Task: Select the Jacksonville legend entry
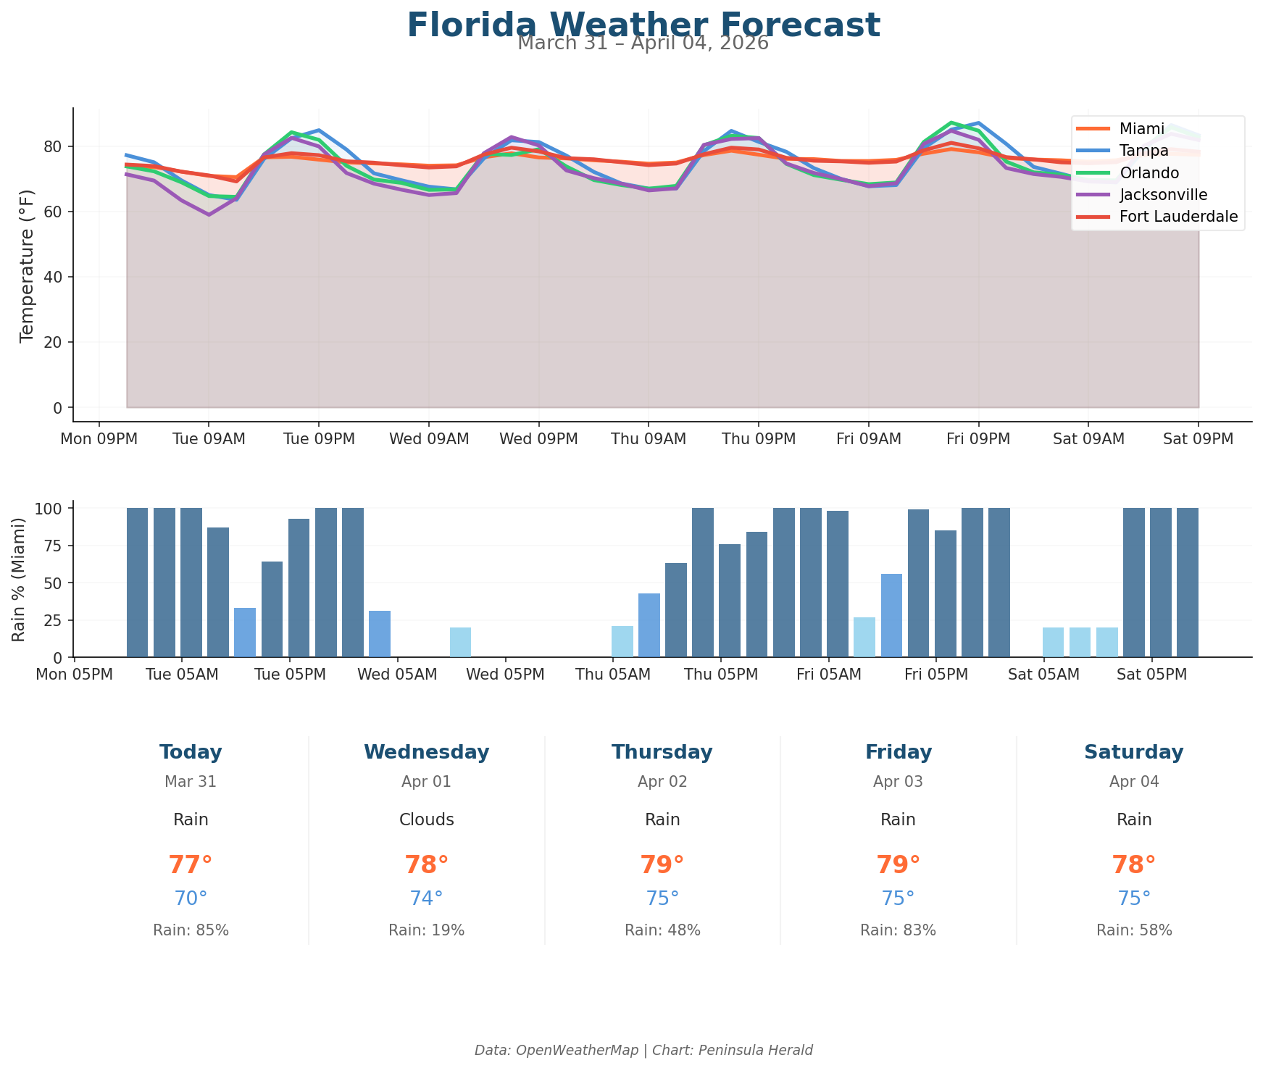tap(1163, 194)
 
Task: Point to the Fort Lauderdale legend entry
tap(1178, 217)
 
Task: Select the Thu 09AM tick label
tap(648, 439)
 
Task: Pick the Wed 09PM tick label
tap(538, 439)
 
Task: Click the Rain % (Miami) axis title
tap(20, 580)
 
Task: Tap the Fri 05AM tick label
tap(828, 675)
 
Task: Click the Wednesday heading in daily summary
tap(426, 752)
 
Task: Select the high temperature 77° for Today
tap(191, 865)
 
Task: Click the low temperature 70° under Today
tap(191, 898)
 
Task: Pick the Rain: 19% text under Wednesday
tap(426, 930)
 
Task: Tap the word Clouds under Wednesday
tap(426, 820)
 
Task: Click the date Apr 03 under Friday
tap(898, 782)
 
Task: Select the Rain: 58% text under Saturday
tap(1133, 930)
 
